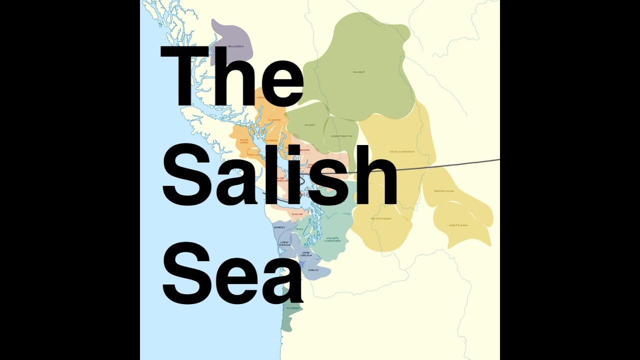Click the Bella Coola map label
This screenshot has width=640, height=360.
pyautogui.click(x=235, y=46)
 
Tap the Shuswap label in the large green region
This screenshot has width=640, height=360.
pyautogui.click(x=358, y=72)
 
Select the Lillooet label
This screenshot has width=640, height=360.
pyautogui.click(x=310, y=125)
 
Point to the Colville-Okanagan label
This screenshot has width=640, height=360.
pyautogui.click(x=402, y=151)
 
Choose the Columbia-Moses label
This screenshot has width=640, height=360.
pyautogui.click(x=381, y=218)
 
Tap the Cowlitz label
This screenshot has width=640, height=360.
pyautogui.click(x=313, y=270)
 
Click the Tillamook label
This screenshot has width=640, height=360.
pyautogui.click(x=292, y=308)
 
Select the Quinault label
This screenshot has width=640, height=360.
pyautogui.click(x=279, y=227)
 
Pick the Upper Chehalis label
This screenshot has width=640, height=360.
pyautogui.click(x=306, y=254)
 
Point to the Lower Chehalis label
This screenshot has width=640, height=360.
pyautogui.click(x=285, y=244)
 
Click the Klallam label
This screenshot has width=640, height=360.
pyautogui.click(x=297, y=214)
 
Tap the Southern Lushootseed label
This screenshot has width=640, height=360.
pyautogui.click(x=333, y=239)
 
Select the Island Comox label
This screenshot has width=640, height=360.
pyautogui.click(x=244, y=141)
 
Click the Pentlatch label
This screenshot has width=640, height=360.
pyautogui.click(x=254, y=155)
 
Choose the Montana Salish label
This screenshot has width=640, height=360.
pyautogui.click(x=443, y=191)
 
